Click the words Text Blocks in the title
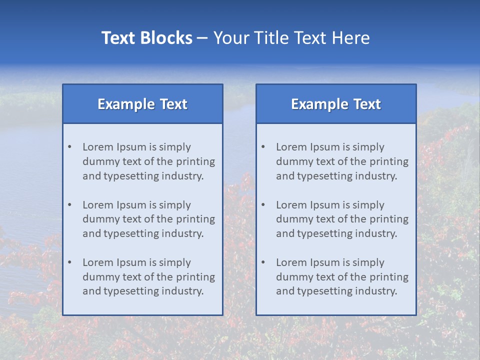click(146, 38)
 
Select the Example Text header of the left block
click(142, 104)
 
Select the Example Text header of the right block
click(336, 104)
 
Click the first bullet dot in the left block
click(69, 147)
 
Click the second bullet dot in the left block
click(69, 205)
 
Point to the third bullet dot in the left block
click(69, 262)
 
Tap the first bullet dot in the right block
click(263, 147)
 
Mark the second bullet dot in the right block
click(263, 205)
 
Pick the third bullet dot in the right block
click(263, 262)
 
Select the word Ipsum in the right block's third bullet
click(325, 262)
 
